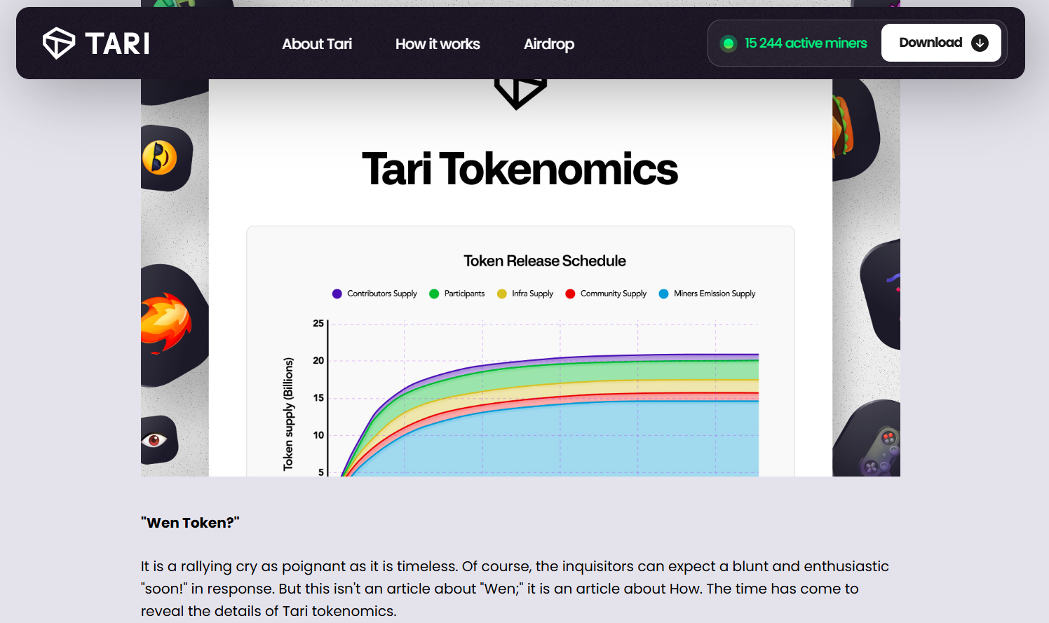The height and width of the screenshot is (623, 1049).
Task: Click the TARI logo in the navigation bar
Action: pyautogui.click(x=96, y=43)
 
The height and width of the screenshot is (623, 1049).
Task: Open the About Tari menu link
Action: pyautogui.click(x=316, y=43)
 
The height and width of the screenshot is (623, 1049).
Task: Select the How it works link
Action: pyautogui.click(x=438, y=43)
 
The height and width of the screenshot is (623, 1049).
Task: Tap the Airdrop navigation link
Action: pyautogui.click(x=549, y=44)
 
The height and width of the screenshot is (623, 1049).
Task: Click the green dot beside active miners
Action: pyautogui.click(x=729, y=43)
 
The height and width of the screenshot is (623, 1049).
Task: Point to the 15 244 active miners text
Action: pyautogui.click(x=806, y=43)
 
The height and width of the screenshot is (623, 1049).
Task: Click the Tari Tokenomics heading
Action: pyautogui.click(x=520, y=169)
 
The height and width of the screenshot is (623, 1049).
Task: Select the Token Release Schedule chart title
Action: pyautogui.click(x=545, y=261)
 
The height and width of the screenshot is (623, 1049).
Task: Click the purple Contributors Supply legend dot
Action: pyautogui.click(x=337, y=294)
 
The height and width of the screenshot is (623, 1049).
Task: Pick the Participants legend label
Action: pyautogui.click(x=464, y=294)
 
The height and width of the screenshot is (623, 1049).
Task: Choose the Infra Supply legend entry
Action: pyautogui.click(x=525, y=294)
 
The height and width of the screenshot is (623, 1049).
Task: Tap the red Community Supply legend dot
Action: pyautogui.click(x=570, y=294)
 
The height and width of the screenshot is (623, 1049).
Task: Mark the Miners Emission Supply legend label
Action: pyautogui.click(x=714, y=294)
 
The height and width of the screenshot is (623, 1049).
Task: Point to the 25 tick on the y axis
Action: pyautogui.click(x=318, y=324)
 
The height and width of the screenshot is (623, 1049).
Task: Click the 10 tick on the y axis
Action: pyautogui.click(x=318, y=435)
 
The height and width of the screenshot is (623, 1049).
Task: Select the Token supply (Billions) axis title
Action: pyautogui.click(x=288, y=413)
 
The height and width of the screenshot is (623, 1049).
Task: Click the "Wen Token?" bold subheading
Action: pyautogui.click(x=190, y=523)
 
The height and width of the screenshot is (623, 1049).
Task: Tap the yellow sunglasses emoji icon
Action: pyautogui.click(x=160, y=158)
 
